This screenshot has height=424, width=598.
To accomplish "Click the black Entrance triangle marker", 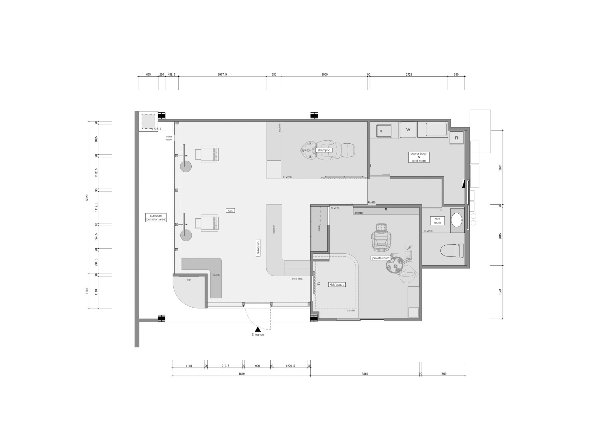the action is point(258,329).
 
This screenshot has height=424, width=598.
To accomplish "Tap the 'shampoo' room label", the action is point(324,150).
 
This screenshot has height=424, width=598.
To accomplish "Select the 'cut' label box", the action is point(230,211).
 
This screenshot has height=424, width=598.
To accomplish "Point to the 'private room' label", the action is point(381,258).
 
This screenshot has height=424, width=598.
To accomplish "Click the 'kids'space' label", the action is point(337,285).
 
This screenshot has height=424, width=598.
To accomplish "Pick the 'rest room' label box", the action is point(437,221).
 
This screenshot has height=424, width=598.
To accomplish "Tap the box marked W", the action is point(408,130).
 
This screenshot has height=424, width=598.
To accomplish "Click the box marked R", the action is point(457,138).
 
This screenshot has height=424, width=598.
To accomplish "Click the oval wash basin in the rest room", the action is point(457,220).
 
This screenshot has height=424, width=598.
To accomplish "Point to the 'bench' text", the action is point(216,275).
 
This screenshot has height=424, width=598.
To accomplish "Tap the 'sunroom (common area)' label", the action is point(156,218).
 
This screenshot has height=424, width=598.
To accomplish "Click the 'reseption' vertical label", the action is point(258,248).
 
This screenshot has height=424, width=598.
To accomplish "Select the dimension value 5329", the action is point(87,198).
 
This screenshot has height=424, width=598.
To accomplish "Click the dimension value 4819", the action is point(242,374).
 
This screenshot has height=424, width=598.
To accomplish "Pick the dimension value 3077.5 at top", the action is point(222,75).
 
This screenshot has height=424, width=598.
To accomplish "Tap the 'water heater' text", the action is point(169,138).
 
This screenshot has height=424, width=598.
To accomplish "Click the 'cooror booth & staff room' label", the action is point(419,157).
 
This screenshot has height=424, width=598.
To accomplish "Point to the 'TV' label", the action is point(318,284).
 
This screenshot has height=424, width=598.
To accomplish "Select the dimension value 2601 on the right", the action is point(500,168).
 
